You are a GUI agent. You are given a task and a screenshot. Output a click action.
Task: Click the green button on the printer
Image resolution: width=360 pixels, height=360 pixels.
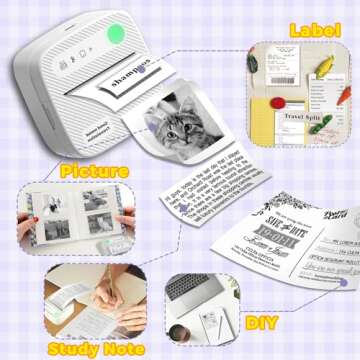[117, 35]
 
